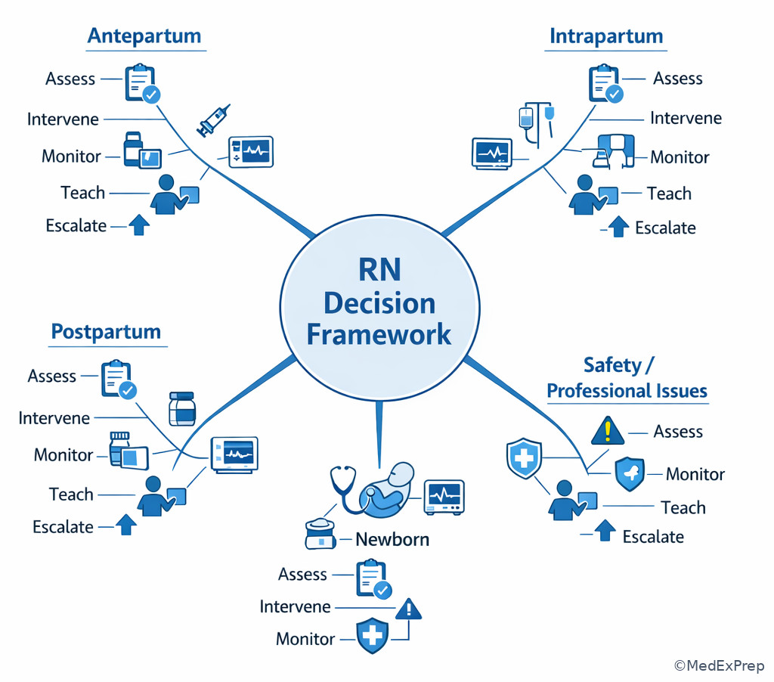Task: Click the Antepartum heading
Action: click(144, 36)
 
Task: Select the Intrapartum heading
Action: click(606, 36)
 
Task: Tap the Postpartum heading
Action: click(106, 331)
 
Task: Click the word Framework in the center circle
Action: click(379, 334)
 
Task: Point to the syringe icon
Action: click(213, 120)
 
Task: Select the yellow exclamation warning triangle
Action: click(608, 430)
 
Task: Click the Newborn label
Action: click(392, 539)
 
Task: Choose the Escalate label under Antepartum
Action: click(76, 225)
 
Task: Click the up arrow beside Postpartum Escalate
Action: click(126, 525)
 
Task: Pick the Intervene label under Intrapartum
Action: click(686, 118)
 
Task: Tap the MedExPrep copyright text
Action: click(720, 665)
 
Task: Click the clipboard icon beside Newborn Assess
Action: click(373, 578)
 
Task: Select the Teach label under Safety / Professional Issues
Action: click(683, 507)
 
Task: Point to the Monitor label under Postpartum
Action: click(63, 455)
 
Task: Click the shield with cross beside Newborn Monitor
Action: click(372, 635)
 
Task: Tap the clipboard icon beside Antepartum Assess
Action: click(142, 83)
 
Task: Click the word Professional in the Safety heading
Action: click(591, 391)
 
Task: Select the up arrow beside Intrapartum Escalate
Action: click(618, 227)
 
